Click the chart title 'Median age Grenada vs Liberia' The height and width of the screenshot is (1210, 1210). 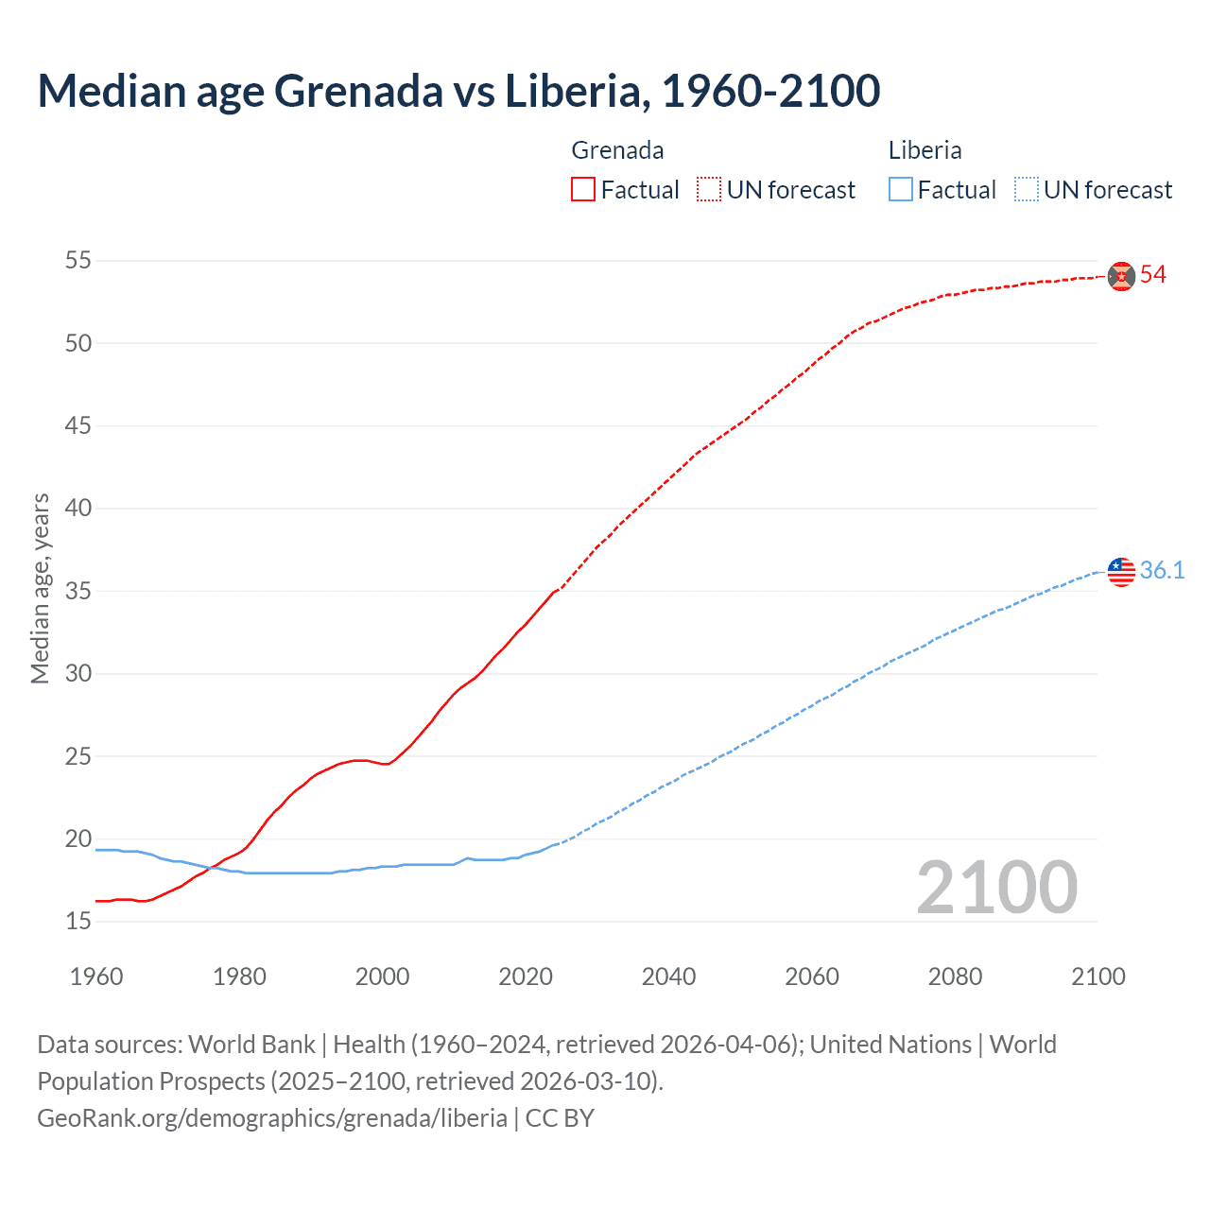click(458, 91)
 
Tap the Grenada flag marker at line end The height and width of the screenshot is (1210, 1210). click(1121, 276)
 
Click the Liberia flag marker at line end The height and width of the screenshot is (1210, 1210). click(1121, 571)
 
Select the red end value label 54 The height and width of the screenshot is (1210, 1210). click(1153, 275)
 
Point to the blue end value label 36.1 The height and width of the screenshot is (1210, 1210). click(1162, 570)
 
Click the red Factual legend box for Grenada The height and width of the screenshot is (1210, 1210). click(583, 190)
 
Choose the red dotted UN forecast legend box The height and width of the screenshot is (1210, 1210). click(709, 190)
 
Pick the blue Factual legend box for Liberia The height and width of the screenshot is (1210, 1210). click(901, 190)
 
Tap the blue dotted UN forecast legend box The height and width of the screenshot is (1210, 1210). click(1027, 190)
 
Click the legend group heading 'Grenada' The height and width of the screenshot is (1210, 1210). click(617, 150)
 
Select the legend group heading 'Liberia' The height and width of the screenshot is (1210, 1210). click(925, 150)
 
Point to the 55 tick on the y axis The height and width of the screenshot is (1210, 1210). click(78, 260)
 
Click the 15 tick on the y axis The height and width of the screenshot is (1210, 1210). click(78, 921)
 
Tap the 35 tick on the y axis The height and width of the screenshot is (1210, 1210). click(78, 591)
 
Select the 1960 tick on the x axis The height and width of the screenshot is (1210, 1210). click(96, 977)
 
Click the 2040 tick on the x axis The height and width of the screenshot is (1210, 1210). click(668, 977)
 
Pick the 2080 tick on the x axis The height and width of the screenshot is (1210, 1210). click(955, 977)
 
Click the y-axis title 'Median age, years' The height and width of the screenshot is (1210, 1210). click(40, 588)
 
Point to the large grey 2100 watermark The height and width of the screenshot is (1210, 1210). click(996, 888)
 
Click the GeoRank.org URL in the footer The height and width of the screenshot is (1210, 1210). click(272, 1118)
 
